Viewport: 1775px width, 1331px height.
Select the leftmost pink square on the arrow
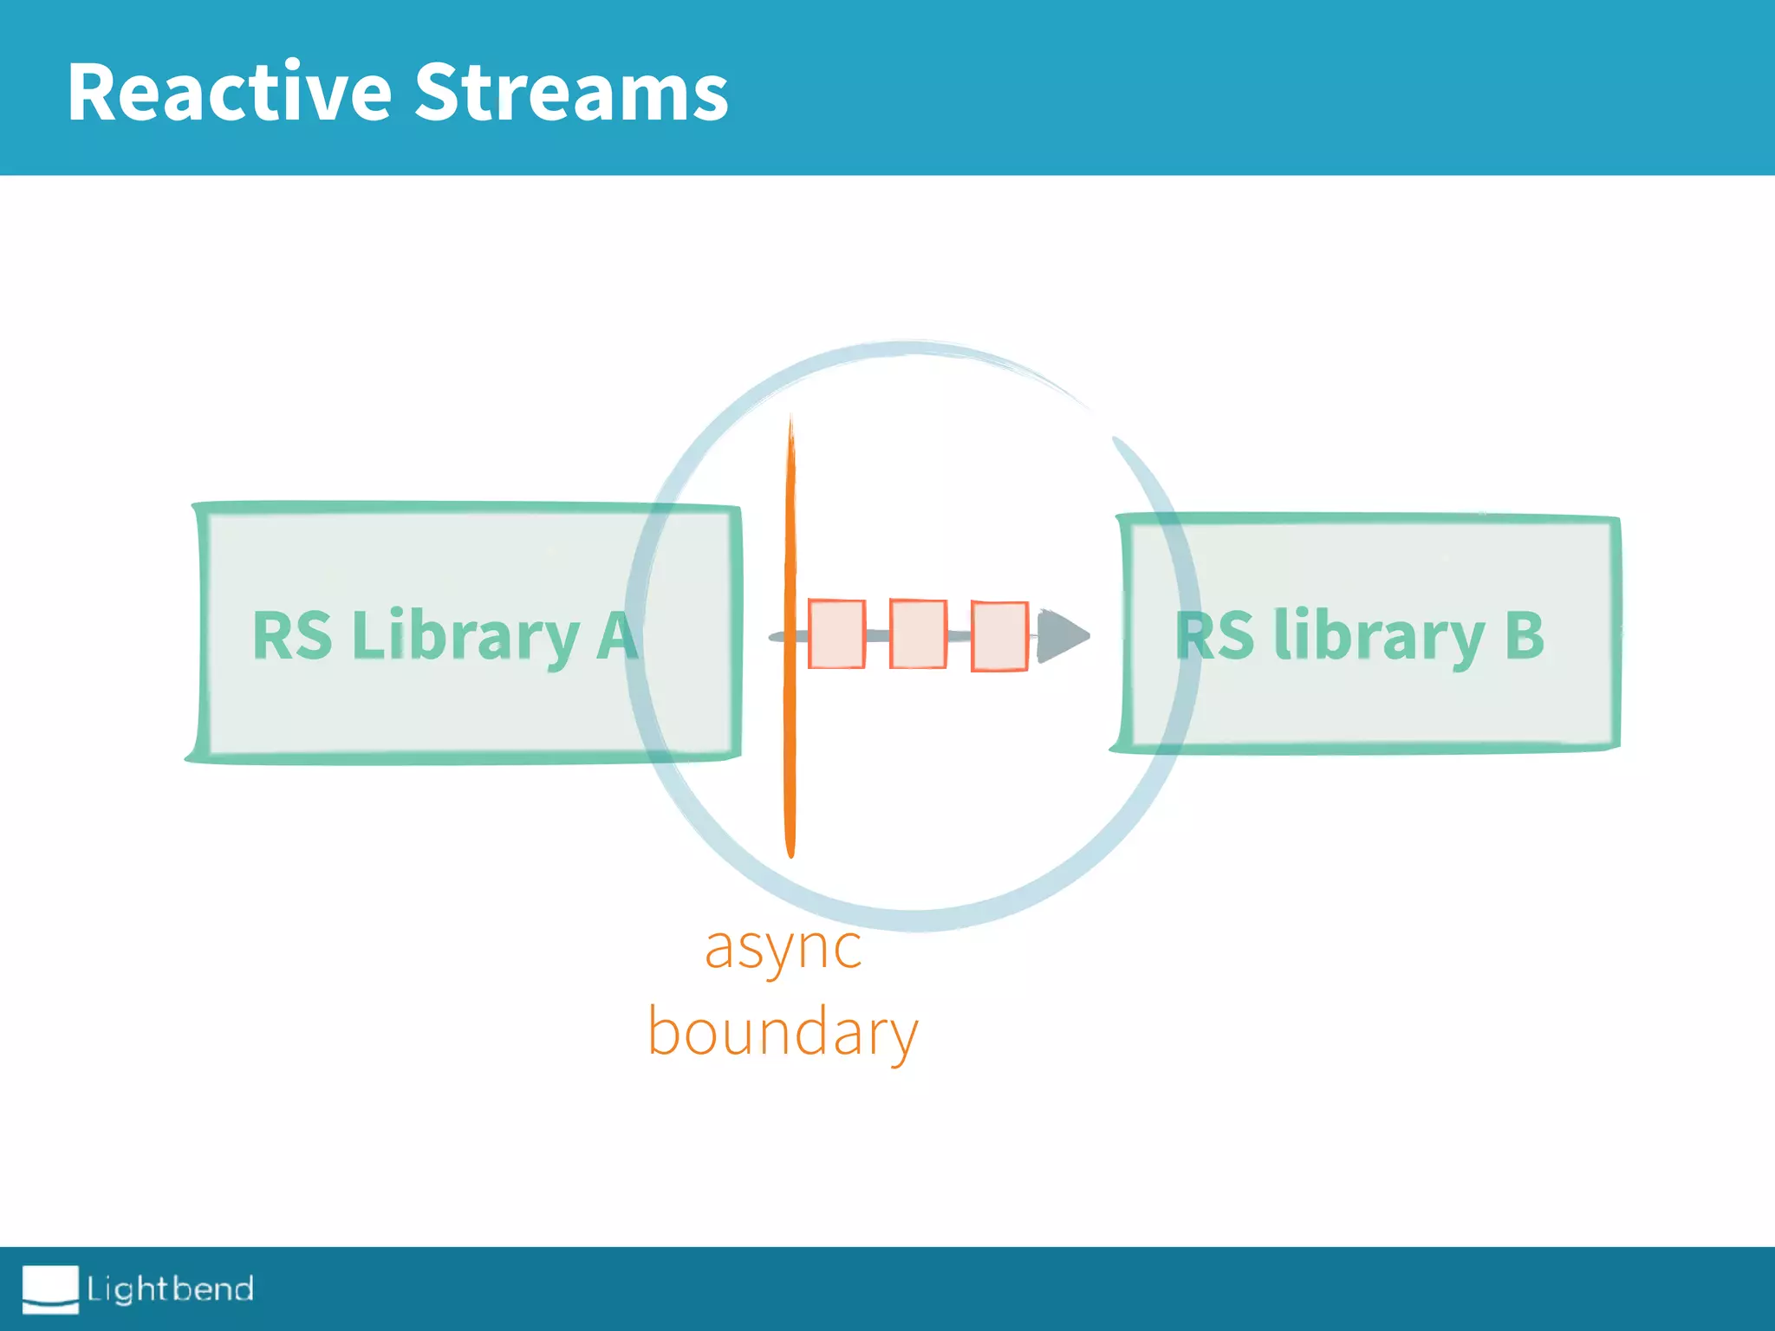point(836,634)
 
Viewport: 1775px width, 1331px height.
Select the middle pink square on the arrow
point(918,634)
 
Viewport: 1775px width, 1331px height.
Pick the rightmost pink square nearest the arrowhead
point(999,636)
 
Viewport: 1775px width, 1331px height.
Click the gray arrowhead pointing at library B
point(1061,636)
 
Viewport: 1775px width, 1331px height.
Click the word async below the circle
point(783,949)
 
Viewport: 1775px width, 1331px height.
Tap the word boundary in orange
point(783,1033)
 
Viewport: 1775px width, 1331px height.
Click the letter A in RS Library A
point(617,635)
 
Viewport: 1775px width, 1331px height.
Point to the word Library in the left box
point(465,637)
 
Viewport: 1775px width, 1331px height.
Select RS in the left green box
point(292,635)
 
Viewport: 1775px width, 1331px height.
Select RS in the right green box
point(1214,635)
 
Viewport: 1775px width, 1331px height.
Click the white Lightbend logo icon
point(50,1289)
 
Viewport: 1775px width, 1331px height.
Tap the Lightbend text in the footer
point(170,1289)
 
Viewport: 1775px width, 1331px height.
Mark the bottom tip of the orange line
point(790,853)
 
